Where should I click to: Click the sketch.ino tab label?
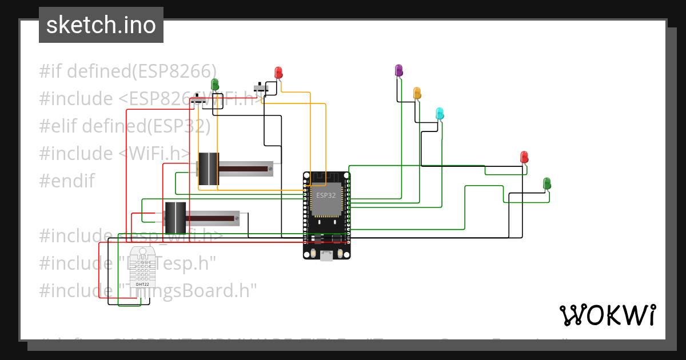click(x=101, y=25)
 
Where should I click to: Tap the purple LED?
click(x=398, y=70)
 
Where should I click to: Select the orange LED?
click(x=417, y=93)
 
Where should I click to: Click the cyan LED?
click(x=440, y=113)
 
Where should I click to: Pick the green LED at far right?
click(x=547, y=183)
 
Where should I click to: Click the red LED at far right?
click(x=524, y=157)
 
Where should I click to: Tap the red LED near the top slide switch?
click(x=278, y=73)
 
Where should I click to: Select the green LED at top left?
click(x=214, y=84)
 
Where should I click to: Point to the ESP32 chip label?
click(x=326, y=195)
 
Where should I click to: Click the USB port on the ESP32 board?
click(x=326, y=255)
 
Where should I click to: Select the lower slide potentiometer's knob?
click(x=175, y=217)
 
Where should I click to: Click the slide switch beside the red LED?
click(x=262, y=90)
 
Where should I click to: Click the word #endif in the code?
click(x=67, y=181)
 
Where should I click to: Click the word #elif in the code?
click(x=58, y=126)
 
